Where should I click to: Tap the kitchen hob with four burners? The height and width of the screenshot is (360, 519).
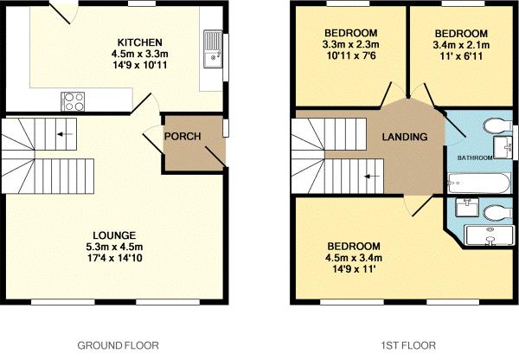73,100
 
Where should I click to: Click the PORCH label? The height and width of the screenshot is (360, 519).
183,138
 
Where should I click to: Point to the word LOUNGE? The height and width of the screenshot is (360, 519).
115,235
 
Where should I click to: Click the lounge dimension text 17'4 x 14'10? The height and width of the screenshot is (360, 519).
115,259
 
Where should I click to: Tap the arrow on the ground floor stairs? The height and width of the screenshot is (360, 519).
62,134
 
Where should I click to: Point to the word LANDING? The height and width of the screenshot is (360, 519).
405,138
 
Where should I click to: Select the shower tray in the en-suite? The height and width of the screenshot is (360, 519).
490,235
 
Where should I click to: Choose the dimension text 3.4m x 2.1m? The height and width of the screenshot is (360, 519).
460,45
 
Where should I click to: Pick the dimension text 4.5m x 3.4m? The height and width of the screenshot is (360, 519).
352,257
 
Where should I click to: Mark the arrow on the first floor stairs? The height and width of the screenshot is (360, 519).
373,175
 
